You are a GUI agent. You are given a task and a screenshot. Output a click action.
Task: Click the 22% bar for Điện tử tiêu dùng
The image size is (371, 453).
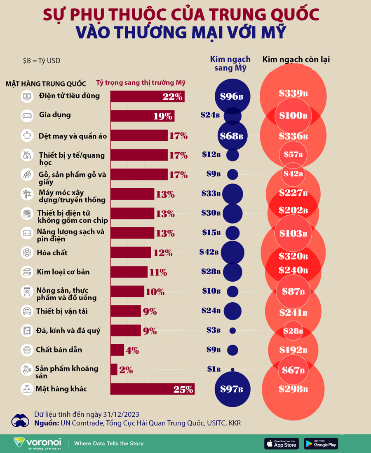pos(147,96)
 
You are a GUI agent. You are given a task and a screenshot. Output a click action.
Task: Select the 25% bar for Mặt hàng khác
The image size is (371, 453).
pos(152,389)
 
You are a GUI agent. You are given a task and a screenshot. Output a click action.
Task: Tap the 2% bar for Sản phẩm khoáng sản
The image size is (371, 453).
pos(114,369)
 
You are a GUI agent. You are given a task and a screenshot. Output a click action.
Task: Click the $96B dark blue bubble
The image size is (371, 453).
pos(232,96)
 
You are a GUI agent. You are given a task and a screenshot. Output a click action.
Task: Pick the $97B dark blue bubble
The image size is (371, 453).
pos(232,389)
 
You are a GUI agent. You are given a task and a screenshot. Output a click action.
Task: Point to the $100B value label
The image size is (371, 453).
pos(293,116)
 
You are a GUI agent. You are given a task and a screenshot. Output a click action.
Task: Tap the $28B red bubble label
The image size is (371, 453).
pos(294,331)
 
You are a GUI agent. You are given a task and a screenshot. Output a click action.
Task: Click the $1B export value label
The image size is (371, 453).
pos(214,369)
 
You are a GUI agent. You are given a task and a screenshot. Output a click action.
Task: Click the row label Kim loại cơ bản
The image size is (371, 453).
pos(63,272)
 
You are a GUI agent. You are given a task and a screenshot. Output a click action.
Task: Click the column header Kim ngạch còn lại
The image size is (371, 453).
pos(296,60)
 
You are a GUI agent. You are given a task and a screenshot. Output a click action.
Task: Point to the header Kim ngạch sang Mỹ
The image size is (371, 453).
pos(230,64)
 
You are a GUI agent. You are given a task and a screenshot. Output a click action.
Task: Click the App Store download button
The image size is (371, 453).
pos(282,443)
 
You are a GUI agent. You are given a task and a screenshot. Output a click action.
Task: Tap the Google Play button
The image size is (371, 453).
pos(321,443)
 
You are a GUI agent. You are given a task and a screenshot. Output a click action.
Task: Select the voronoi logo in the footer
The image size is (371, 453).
pos(37,443)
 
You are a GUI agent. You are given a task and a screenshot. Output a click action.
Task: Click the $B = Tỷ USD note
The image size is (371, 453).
pos(42,61)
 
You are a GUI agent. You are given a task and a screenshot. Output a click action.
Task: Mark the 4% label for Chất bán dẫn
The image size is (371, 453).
pos(132,350)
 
